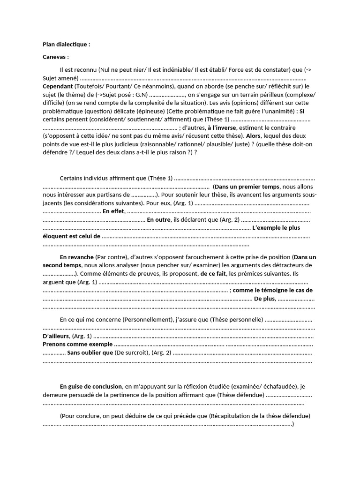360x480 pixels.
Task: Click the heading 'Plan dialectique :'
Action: click(x=66, y=45)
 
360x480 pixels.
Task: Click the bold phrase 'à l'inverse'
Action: click(x=222, y=127)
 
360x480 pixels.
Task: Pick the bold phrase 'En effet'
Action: click(x=113, y=211)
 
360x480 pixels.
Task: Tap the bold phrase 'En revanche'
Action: click(x=76, y=257)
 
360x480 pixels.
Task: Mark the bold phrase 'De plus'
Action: click(x=264, y=299)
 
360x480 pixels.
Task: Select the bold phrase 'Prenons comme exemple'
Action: click(x=77, y=345)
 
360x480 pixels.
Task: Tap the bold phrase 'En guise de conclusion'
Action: click(x=91, y=387)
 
